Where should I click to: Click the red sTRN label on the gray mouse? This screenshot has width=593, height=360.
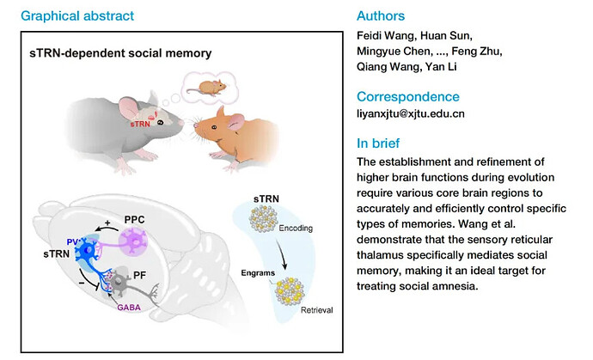(139, 125)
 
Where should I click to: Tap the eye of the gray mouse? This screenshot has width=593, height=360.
(161, 123)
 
